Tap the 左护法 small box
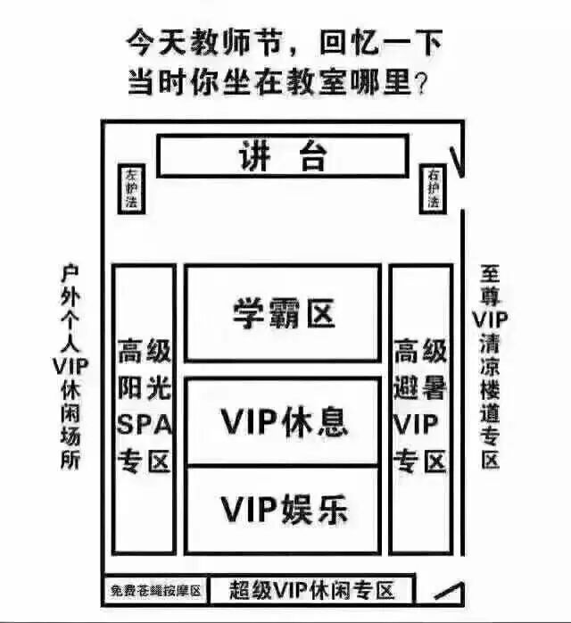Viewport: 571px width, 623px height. click(x=131, y=188)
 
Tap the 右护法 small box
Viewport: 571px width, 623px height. click(x=433, y=188)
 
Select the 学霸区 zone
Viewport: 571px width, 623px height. click(x=283, y=313)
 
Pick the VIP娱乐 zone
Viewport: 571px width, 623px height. click(x=283, y=510)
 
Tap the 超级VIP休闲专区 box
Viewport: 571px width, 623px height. click(x=311, y=590)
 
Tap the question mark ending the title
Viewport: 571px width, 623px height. click(x=426, y=86)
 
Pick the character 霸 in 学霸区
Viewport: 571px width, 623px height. click(x=283, y=313)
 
